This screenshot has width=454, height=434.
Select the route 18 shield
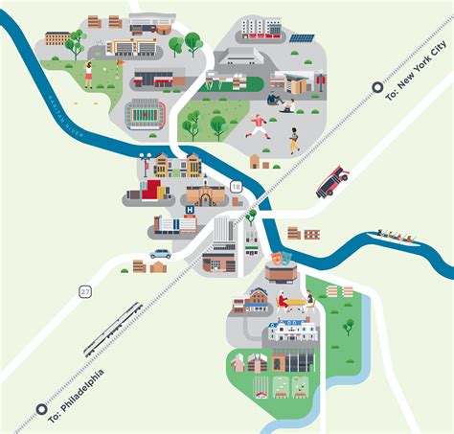pyautogui.click(x=235, y=189)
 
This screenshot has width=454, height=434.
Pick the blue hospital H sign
pyautogui.click(x=189, y=209)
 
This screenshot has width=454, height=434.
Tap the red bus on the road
pyautogui.click(x=332, y=180)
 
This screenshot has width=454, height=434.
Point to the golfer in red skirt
pyautogui.click(x=89, y=72)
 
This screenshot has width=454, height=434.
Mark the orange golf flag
pyautogui.click(x=120, y=65)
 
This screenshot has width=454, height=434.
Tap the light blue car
pyautogui.click(x=159, y=255)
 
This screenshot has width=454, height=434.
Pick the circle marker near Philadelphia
pyautogui.click(x=41, y=409)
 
